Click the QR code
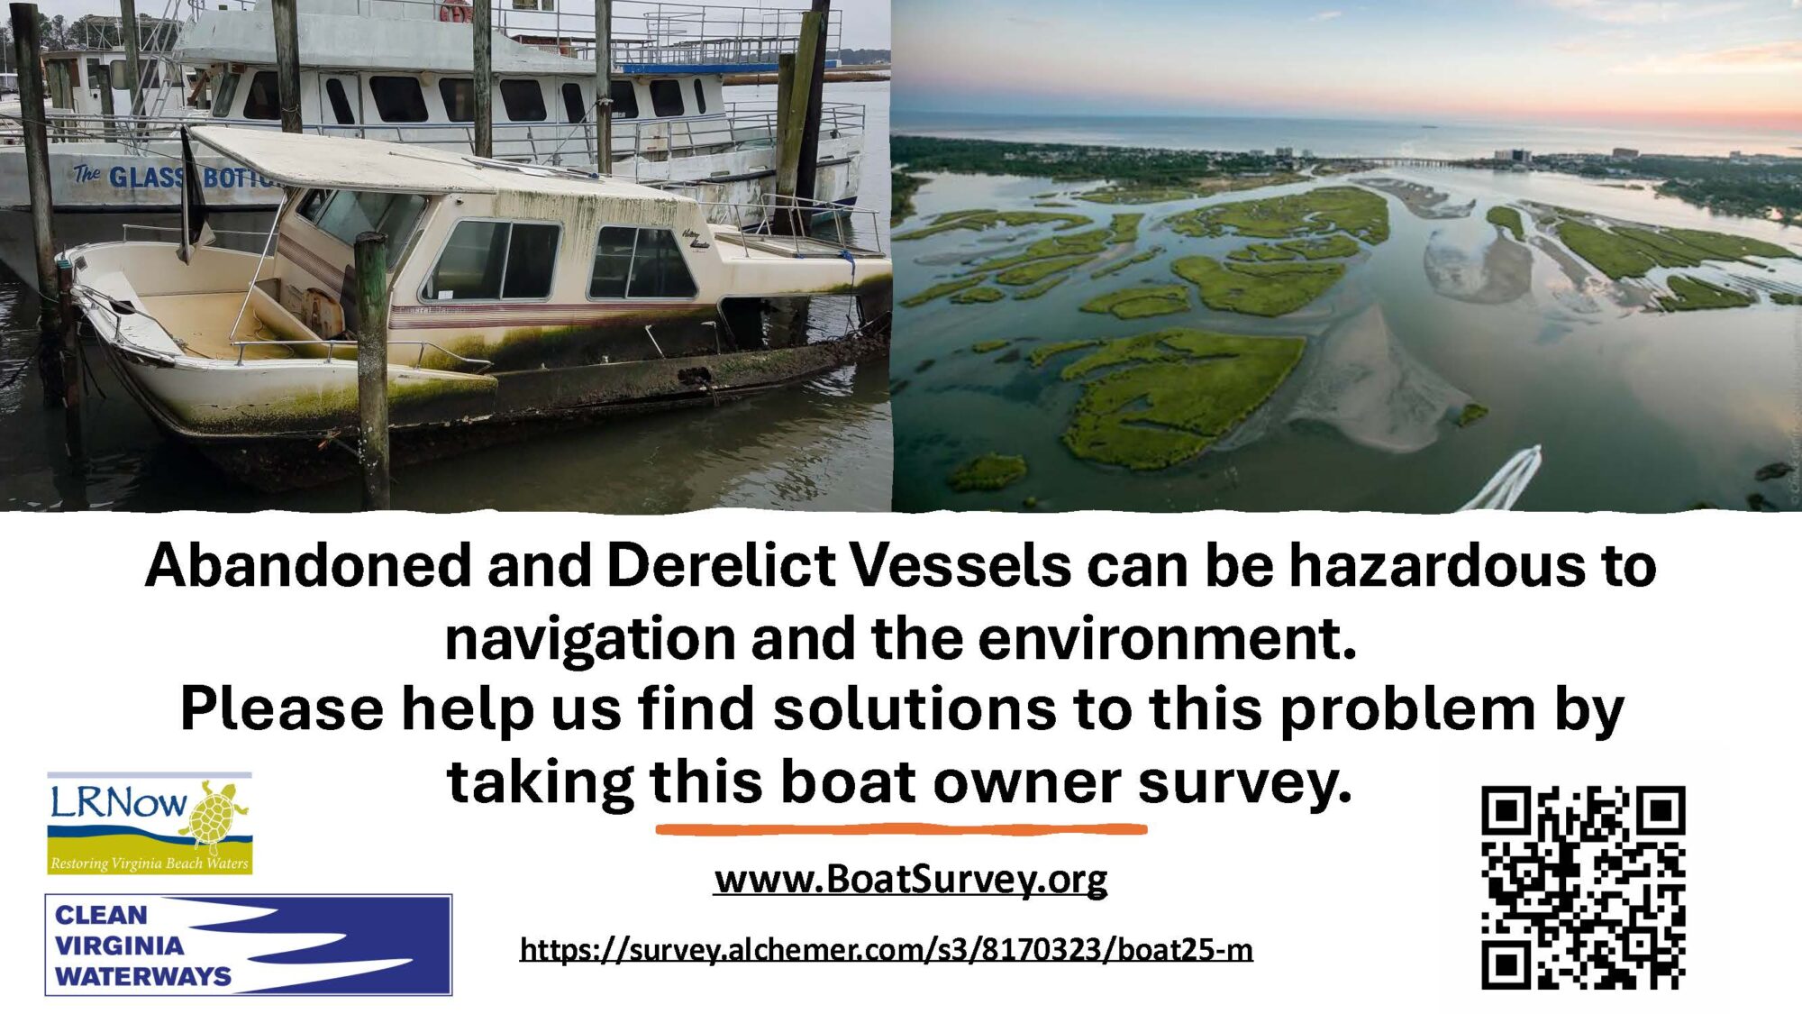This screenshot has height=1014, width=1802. [x=1583, y=888]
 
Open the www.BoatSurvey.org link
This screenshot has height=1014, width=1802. [x=910, y=879]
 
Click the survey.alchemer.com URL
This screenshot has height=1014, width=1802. [x=887, y=949]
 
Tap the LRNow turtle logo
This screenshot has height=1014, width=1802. [x=150, y=823]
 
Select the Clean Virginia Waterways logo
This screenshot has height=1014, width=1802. [x=249, y=945]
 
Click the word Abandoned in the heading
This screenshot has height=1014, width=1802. [x=308, y=566]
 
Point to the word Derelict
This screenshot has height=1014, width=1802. [x=721, y=566]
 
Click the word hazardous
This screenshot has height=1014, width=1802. [x=1436, y=566]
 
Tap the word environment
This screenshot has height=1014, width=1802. [x=1168, y=638]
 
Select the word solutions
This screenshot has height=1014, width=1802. [x=915, y=709]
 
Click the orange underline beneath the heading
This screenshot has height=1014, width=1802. [x=901, y=828]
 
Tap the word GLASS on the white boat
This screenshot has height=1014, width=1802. [x=147, y=178]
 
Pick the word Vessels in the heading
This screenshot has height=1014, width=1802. [x=960, y=566]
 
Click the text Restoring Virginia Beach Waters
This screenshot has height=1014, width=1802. [x=150, y=863]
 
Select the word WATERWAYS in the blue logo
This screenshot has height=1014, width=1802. [x=143, y=976]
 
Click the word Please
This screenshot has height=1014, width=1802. [x=282, y=709]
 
